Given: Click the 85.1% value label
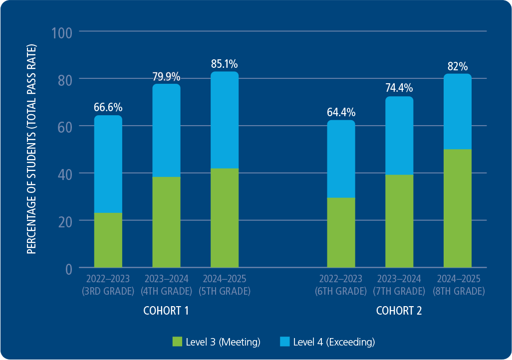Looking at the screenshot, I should click(225, 64).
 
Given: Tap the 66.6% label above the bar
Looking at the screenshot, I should click(108, 107).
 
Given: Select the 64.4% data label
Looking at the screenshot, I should click(341, 112).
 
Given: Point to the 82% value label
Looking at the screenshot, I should click(458, 66).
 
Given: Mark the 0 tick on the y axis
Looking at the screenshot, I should click(68, 269).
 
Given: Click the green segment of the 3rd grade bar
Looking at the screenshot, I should click(108, 240).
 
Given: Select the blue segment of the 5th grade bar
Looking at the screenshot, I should click(225, 120).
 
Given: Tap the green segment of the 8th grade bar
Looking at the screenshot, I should click(458, 208).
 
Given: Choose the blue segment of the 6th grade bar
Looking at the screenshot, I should click(341, 159).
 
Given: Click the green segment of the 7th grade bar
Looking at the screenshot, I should click(399, 221).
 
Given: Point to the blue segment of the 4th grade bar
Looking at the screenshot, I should click(166, 130).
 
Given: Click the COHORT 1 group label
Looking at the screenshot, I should click(166, 311).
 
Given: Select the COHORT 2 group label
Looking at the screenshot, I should click(399, 311).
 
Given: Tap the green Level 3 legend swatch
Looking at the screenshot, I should click(178, 342).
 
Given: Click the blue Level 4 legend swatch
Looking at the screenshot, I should click(284, 342).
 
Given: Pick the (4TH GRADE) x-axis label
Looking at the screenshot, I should click(166, 291).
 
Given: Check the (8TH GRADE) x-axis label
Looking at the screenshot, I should click(458, 291).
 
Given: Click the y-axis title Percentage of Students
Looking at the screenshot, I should click(32, 149).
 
